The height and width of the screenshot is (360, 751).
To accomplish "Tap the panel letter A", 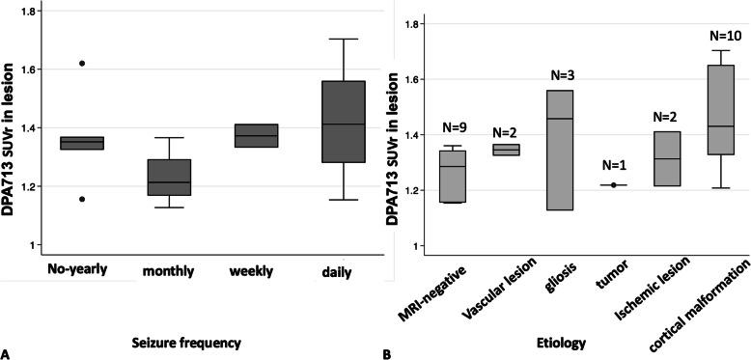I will click(x=8, y=352).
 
